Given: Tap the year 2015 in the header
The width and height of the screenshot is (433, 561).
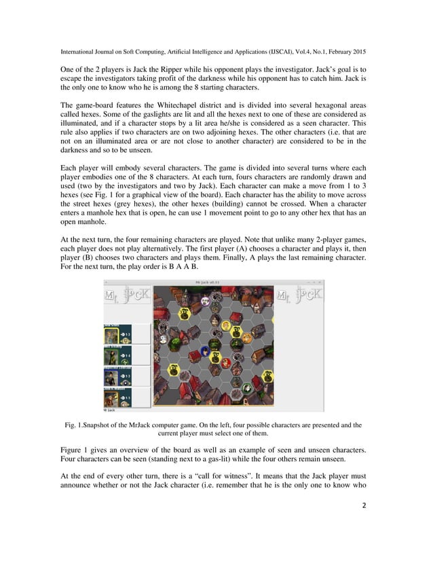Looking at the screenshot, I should [359, 52].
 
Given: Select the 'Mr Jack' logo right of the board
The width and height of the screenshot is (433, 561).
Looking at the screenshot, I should [299, 296].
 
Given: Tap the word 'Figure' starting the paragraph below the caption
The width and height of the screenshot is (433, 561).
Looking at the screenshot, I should [73, 450].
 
